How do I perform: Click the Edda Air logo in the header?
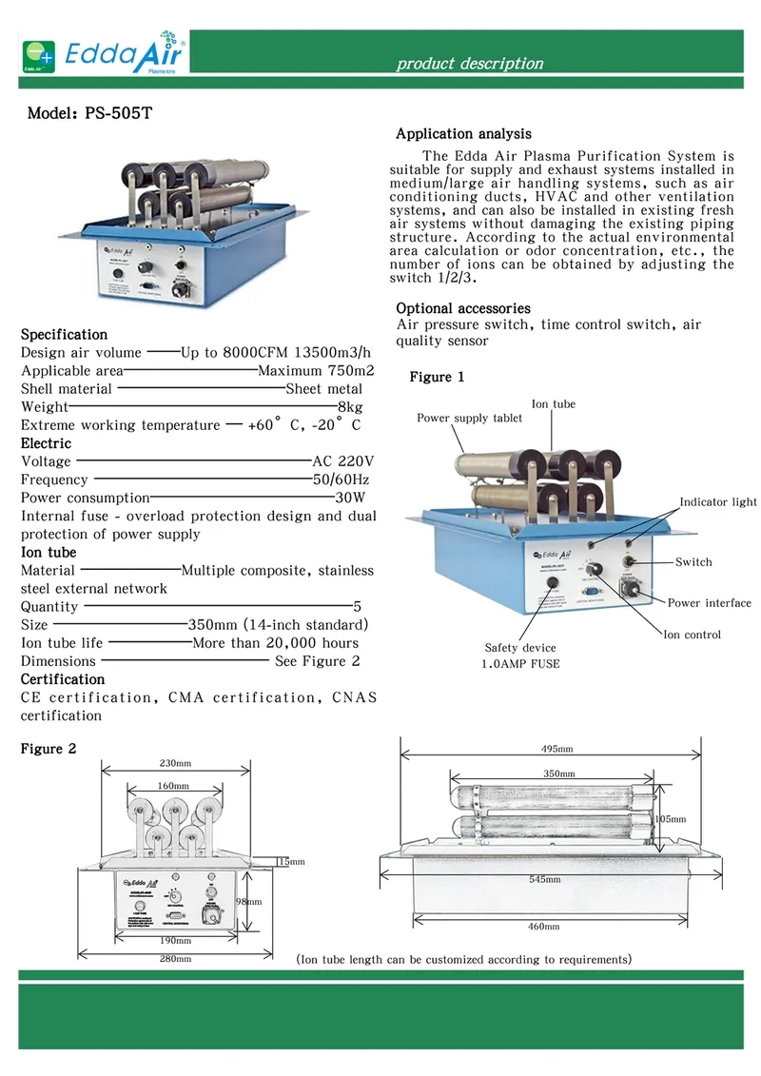104,54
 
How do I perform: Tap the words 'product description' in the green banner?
470,64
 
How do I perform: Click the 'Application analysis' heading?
463,134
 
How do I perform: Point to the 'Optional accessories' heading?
463,308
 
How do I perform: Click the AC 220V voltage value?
343,461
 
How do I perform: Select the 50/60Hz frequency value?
341,479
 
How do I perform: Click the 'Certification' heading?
63,679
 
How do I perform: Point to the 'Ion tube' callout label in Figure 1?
553,404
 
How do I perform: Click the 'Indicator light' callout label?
718,502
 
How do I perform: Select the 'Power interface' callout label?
709,602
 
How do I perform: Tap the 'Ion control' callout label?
692,635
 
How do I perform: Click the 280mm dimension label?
176,959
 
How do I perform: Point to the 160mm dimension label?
175,786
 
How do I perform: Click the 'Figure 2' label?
49,749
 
